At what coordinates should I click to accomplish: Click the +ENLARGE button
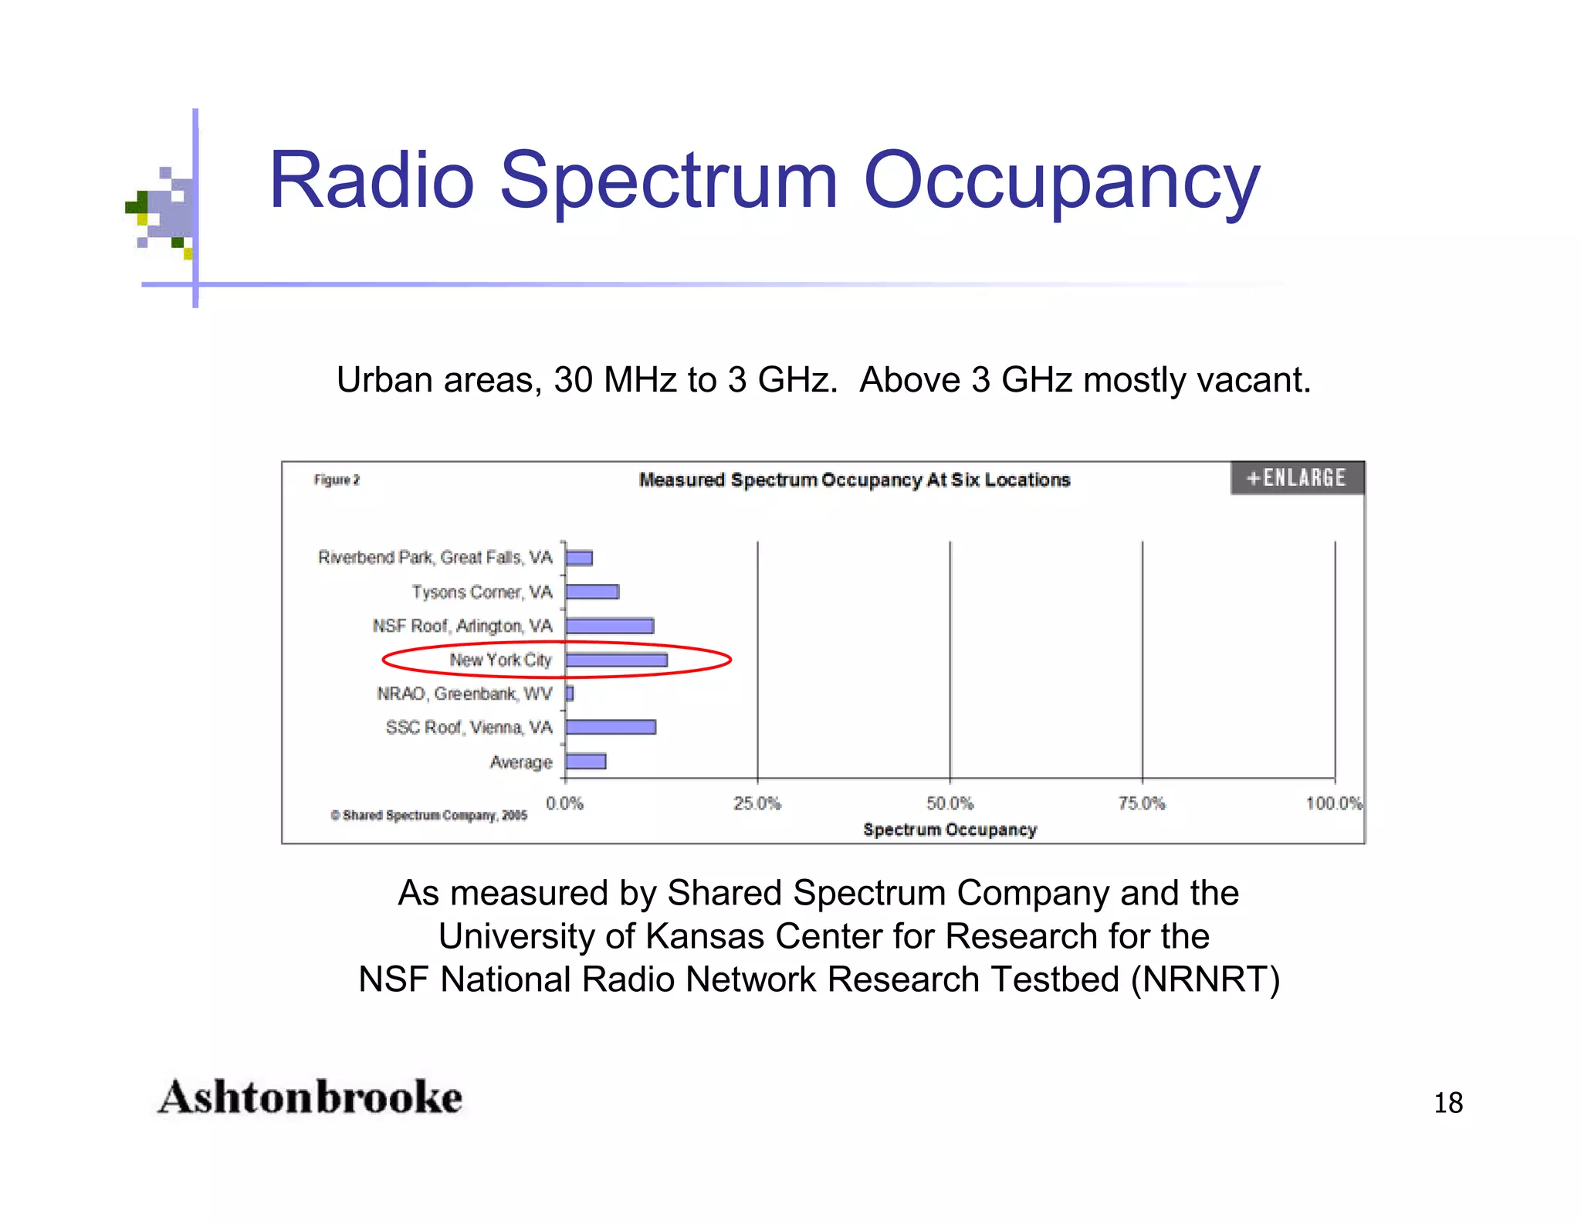coord(1297,478)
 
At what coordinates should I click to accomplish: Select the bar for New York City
coord(616,660)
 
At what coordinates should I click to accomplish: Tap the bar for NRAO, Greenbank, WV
coord(570,694)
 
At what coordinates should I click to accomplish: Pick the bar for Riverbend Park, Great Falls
coord(579,558)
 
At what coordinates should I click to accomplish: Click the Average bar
coord(586,762)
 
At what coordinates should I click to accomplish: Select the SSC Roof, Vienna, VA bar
coord(611,727)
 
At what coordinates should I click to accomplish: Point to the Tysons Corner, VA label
coord(482,592)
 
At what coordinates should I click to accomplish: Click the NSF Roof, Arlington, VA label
coord(462,626)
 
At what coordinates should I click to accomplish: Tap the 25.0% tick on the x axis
coord(757,803)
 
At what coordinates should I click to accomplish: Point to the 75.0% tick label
coord(1142,803)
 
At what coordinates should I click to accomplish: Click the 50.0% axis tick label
coord(950,803)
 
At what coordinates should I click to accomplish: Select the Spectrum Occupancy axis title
coord(950,830)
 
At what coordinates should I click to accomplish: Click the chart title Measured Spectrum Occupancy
coord(854,480)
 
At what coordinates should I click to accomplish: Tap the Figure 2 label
coord(337,480)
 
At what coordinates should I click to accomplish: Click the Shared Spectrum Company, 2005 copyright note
coord(429,815)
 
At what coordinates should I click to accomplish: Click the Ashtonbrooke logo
coord(310,1097)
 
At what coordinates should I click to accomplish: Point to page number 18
coord(1448,1102)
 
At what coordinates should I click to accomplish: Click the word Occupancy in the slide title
coord(1061,181)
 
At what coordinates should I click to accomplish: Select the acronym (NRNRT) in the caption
coord(1205,979)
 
